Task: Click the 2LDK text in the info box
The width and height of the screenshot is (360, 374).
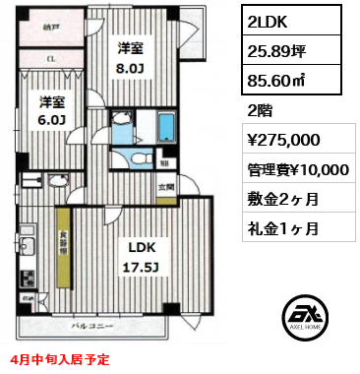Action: point(267,21)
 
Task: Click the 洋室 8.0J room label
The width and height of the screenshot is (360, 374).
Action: point(131,56)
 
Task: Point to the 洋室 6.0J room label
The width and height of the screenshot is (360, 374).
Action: point(52,109)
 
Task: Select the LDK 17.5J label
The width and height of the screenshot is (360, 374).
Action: point(137,253)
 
